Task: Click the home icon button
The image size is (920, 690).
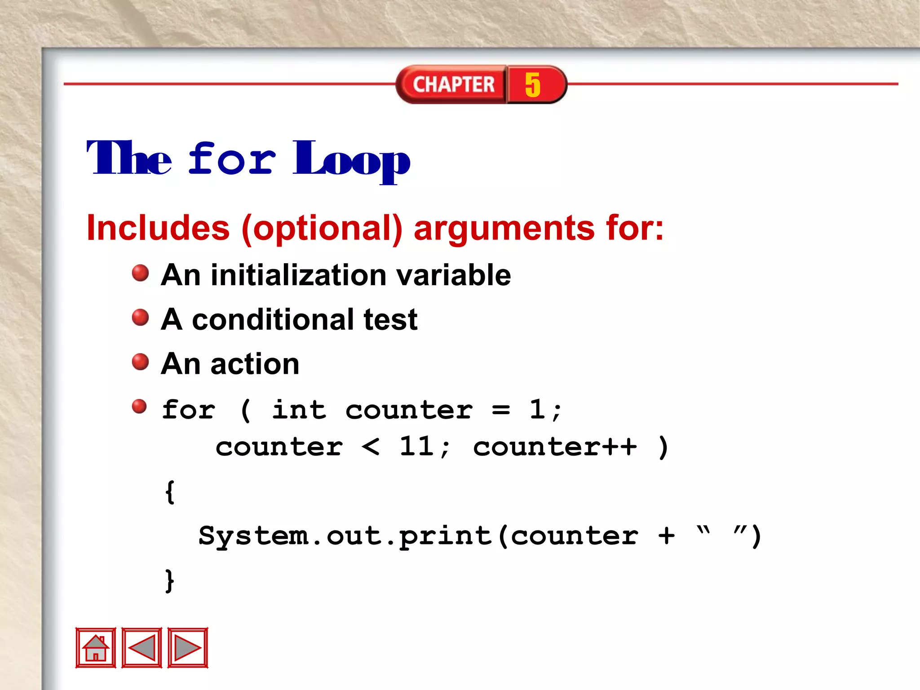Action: pyautogui.click(x=96, y=648)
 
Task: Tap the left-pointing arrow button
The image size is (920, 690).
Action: pyautogui.click(x=142, y=648)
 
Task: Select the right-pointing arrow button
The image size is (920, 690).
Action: pyautogui.click(x=188, y=648)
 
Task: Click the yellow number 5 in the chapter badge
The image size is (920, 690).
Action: pyautogui.click(x=533, y=84)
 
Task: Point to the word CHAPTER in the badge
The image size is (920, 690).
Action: pyautogui.click(x=454, y=84)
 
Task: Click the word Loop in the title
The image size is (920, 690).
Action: pyautogui.click(x=352, y=160)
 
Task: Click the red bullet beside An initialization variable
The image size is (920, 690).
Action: pyautogui.click(x=140, y=273)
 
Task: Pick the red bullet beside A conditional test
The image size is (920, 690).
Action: pyautogui.click(x=140, y=317)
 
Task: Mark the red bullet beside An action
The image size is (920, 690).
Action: pyautogui.click(x=140, y=362)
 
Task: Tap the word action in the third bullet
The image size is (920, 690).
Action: pyautogui.click(x=255, y=364)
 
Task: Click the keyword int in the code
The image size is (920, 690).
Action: pyautogui.click(x=299, y=410)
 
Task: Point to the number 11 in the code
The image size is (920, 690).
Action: pyautogui.click(x=416, y=447)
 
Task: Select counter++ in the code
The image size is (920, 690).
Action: pyautogui.click(x=555, y=447)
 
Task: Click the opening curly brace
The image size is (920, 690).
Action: pyautogui.click(x=170, y=492)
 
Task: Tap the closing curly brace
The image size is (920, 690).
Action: pyautogui.click(x=170, y=580)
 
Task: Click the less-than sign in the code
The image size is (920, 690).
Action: pyautogui.click(x=371, y=447)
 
